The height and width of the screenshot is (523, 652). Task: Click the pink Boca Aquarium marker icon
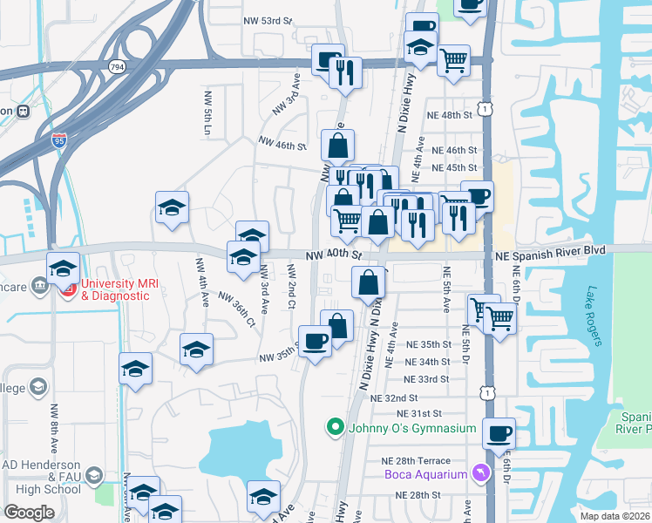(478, 473)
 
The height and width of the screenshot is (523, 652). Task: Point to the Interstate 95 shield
(59, 139)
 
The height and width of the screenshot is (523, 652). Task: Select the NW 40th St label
(333, 255)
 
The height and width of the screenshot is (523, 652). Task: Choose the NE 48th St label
(449, 114)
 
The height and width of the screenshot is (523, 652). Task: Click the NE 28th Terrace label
(415, 460)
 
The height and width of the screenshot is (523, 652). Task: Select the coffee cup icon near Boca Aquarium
(499, 434)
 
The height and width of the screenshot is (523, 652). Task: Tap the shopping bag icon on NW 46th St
(337, 146)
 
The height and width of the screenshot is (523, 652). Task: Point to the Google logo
(28, 513)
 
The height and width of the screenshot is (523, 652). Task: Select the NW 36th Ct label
(237, 309)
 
